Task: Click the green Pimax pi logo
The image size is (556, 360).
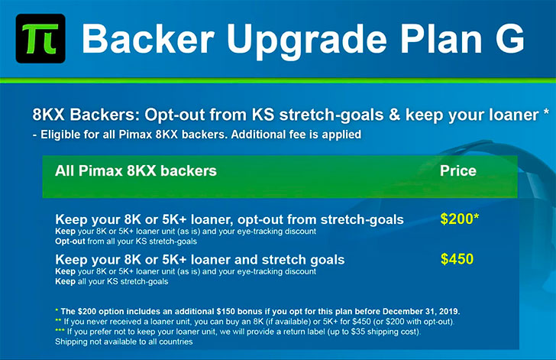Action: point(40,38)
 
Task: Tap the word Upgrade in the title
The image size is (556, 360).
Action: point(306,41)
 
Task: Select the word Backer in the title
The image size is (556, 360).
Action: point(148,38)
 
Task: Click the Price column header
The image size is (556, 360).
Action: point(457,170)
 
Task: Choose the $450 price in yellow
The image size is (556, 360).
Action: point(457,259)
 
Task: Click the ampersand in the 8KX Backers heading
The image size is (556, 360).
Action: point(394,115)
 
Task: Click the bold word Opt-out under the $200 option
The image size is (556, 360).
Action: point(70,242)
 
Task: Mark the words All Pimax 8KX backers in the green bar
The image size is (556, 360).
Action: point(136,170)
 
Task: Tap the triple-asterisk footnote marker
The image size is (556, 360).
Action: point(60,330)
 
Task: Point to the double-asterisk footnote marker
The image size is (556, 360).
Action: point(58,320)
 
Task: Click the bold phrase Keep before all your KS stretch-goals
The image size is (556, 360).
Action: point(65,281)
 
